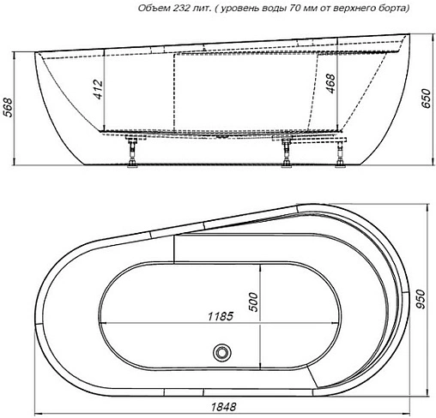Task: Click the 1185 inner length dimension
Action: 219,315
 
